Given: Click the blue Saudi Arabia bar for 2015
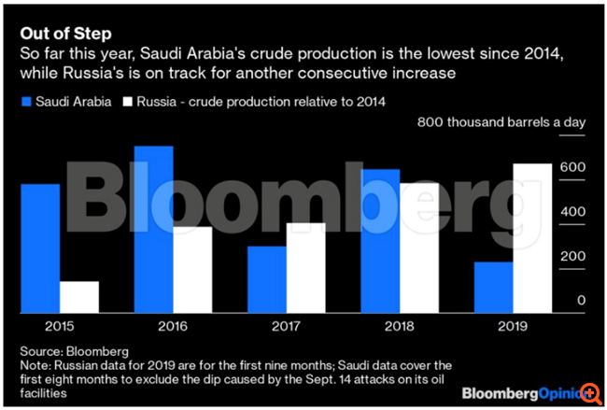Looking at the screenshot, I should click(40, 247).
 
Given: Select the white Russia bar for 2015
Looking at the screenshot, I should click(79, 296).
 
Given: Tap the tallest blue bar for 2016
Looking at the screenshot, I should click(154, 229).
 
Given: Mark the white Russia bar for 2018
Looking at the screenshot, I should click(418, 247).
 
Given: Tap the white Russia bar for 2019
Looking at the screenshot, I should click(532, 237).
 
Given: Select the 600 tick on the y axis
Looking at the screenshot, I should click(572, 167).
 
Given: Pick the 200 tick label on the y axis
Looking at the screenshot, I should click(572, 256).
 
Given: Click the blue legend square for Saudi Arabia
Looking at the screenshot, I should click(25, 100).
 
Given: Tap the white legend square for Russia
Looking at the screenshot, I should click(125, 100).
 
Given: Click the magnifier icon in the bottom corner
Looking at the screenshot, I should click(589, 394).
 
